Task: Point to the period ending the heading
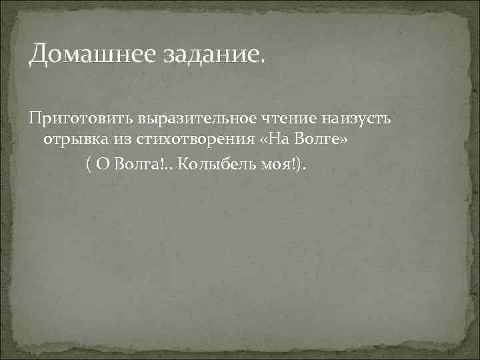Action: coord(261,61)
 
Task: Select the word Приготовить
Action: coord(79,119)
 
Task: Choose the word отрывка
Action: coord(72,142)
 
